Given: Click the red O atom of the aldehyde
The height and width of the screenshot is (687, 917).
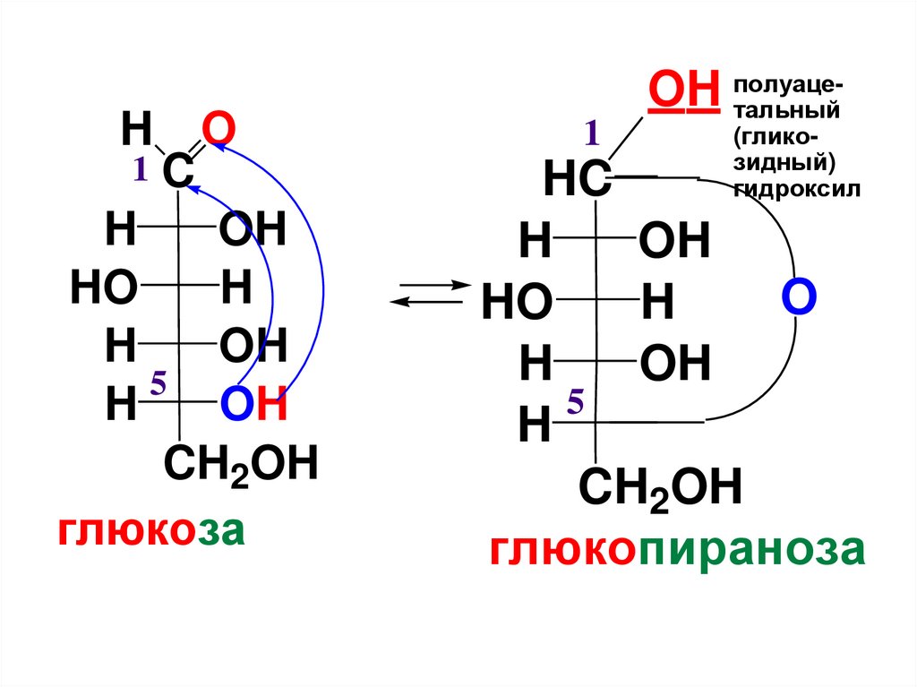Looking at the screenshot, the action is point(218,131).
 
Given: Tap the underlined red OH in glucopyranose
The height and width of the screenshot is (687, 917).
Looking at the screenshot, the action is point(683,90).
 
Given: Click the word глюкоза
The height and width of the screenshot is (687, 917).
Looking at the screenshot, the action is point(151,530).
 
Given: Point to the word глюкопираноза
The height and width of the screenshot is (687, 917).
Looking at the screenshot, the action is point(677,550).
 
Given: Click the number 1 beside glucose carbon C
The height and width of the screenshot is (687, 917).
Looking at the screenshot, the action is point(140,169).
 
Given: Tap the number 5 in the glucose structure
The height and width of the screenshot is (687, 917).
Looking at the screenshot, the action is point(159,386).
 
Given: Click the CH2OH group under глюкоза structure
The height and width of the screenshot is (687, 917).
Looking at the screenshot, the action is point(240,466).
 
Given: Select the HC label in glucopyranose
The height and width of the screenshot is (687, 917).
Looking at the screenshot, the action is point(577,181).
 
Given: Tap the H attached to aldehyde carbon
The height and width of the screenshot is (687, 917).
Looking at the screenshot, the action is point(136,131).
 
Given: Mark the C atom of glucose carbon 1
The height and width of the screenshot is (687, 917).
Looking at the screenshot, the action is point(177,172).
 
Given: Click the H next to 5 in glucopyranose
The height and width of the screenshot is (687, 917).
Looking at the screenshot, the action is point(535,425).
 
